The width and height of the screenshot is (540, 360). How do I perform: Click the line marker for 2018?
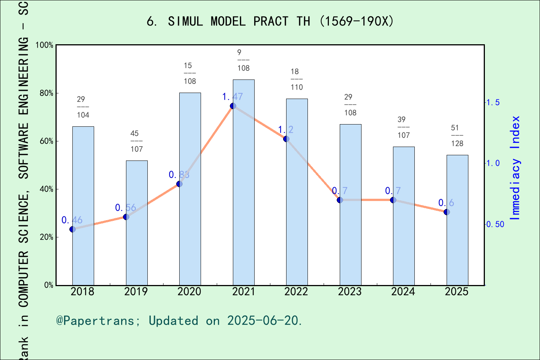[73, 229]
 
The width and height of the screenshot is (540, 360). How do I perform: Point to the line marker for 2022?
[286, 139]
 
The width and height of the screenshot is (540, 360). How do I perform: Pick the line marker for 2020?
[179, 184]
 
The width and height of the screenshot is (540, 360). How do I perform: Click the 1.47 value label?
[232, 97]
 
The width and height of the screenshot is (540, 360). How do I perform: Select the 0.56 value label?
[125, 208]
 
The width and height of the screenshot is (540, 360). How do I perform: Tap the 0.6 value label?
[446, 203]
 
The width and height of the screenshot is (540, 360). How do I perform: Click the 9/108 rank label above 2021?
[243, 60]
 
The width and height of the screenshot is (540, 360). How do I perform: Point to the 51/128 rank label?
[457, 136]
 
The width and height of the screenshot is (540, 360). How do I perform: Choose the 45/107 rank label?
[136, 141]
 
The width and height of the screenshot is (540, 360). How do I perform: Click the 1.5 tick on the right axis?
[493, 102]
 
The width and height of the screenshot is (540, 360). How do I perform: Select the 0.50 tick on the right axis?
[495, 224]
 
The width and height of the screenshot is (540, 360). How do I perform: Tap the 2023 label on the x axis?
[349, 292]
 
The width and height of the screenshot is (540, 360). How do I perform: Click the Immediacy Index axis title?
[516, 168]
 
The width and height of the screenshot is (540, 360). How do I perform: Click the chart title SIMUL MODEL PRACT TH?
[270, 21]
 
